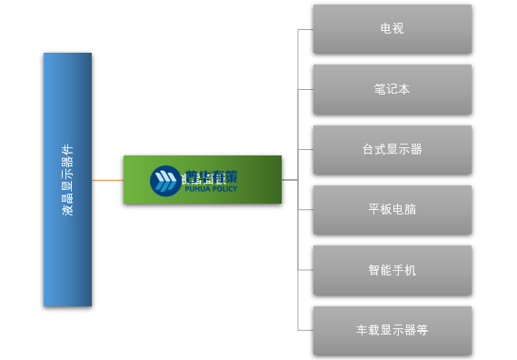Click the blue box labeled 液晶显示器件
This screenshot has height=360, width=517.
pos(67,179)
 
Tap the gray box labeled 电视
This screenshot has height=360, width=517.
pos(392,29)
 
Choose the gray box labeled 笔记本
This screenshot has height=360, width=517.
pos(392,89)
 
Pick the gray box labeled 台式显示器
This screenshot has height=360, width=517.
pos(392,149)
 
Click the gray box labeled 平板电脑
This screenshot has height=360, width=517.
pos(392,209)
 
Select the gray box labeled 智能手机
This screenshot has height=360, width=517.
pos(392,270)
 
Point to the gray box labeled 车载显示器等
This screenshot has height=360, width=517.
pos(392,330)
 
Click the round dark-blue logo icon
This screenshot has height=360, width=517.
pos(165,180)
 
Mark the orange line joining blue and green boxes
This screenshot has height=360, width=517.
pos(107,180)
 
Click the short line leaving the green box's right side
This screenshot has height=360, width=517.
pos(290,180)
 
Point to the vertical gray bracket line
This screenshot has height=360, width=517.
pos(298,118)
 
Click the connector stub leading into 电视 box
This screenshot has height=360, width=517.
pos(305,29)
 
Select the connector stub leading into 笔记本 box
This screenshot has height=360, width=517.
pos(305,89)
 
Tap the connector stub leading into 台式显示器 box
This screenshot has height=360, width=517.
pos(305,149)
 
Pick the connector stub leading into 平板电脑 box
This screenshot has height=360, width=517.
pos(305,209)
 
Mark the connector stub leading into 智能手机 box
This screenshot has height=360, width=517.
pos(305,270)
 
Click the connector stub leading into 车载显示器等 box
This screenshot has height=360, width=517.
pos(305,330)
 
